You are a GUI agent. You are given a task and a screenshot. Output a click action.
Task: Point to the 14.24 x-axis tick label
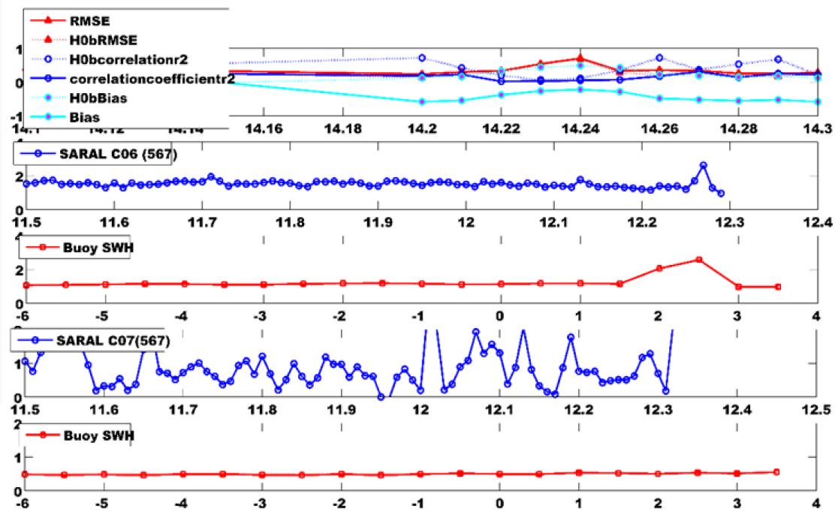coord(580,129)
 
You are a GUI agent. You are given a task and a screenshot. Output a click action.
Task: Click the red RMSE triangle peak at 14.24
coord(580,58)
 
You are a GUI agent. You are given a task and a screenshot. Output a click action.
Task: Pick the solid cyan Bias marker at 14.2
coord(422,101)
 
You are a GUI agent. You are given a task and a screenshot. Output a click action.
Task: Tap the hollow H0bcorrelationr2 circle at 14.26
coord(659,58)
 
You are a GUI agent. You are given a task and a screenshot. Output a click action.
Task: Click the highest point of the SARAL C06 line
coord(704,165)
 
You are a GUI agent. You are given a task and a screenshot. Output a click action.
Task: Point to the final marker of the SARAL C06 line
coord(721,194)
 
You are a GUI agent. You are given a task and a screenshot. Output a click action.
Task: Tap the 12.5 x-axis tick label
coord(816,410)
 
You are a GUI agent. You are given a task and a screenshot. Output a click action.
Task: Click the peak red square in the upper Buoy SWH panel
coord(698,260)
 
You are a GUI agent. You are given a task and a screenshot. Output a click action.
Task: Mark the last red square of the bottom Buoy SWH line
coord(776,471)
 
